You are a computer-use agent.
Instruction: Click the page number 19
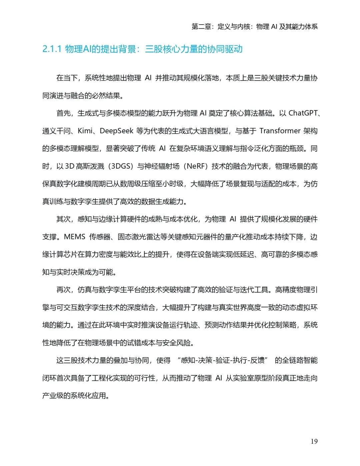pyautogui.click(x=314, y=441)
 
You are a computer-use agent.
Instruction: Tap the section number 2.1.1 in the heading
pyautogui.click(x=52, y=49)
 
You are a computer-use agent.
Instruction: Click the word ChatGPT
pyautogui.click(x=303, y=113)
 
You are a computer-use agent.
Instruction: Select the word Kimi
pyautogui.click(x=85, y=131)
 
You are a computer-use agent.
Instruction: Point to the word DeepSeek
pyautogui.click(x=116, y=131)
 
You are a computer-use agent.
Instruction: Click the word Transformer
pyautogui.click(x=280, y=131)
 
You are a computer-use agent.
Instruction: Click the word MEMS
pyautogui.click(x=75, y=237)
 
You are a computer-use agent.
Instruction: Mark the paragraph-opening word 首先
pyautogui.click(x=63, y=113)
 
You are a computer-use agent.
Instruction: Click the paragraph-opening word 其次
pyautogui.click(x=63, y=219)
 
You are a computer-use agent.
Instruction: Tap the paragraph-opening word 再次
pyautogui.click(x=63, y=290)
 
